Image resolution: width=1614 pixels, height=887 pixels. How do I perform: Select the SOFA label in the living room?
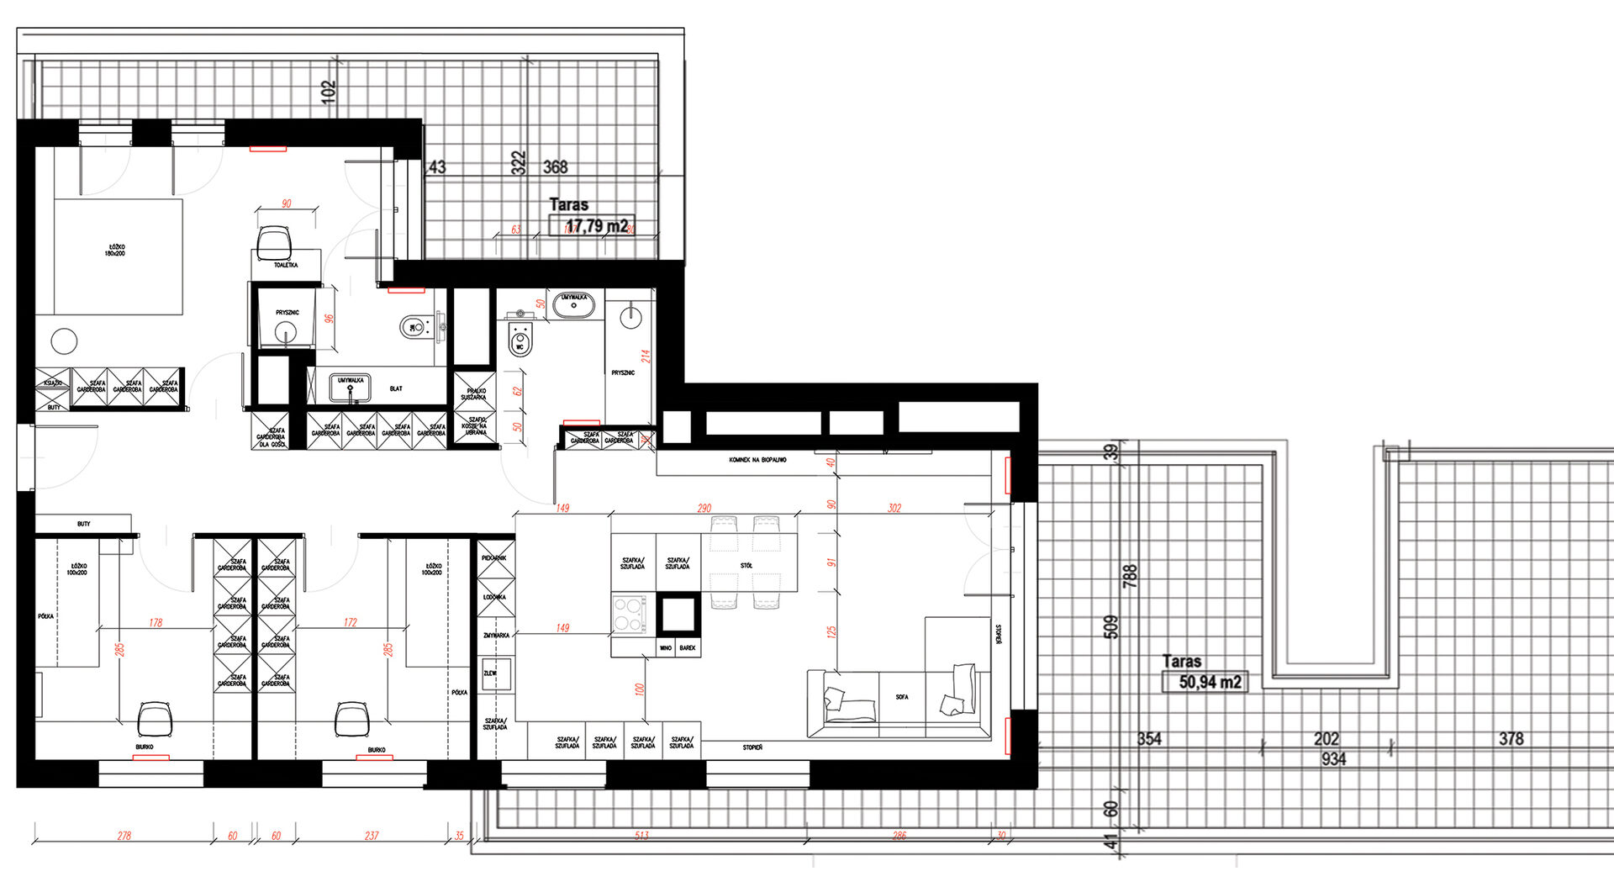(x=901, y=697)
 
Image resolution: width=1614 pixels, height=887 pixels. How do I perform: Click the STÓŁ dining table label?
(x=746, y=566)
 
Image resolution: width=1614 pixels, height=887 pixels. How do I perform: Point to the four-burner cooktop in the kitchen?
(x=629, y=614)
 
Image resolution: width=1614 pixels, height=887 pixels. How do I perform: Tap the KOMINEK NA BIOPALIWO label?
(x=757, y=461)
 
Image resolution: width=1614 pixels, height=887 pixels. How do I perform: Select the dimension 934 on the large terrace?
(x=1333, y=759)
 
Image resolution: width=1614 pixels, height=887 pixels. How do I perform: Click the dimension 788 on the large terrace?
(x=1130, y=576)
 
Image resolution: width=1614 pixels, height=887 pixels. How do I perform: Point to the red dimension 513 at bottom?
(x=641, y=836)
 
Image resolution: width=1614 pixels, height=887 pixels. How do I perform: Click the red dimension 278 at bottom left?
(x=124, y=836)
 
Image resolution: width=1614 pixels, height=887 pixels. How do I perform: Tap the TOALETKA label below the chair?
(x=286, y=265)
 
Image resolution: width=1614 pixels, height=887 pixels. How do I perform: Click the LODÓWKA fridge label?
(x=494, y=597)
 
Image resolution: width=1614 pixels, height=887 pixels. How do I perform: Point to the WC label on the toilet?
(x=520, y=346)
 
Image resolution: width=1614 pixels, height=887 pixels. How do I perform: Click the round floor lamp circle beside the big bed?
(x=64, y=341)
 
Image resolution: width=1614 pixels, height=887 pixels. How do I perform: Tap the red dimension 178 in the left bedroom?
(x=156, y=623)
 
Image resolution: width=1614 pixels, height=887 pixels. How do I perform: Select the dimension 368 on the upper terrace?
(x=555, y=167)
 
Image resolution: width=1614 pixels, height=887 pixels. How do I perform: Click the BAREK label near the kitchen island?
(x=688, y=648)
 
